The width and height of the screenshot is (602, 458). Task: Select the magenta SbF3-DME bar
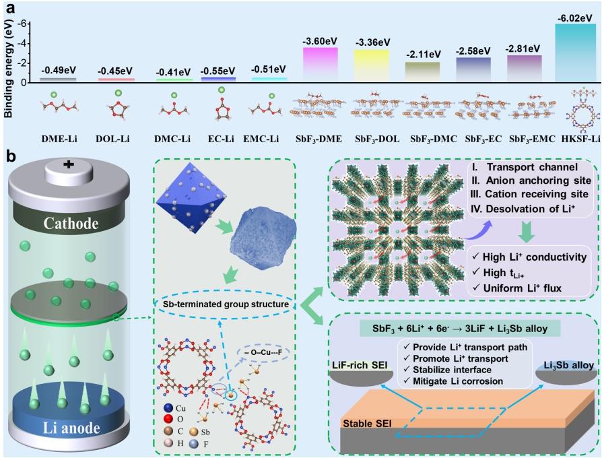[x=321, y=65]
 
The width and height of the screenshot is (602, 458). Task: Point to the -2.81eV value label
[x=524, y=48]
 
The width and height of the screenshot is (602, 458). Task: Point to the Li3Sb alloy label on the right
[x=563, y=366]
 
